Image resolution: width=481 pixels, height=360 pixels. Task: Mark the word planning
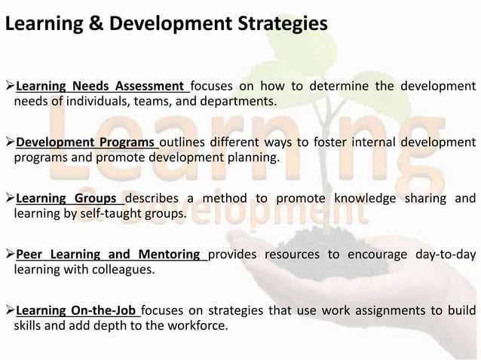252,157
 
